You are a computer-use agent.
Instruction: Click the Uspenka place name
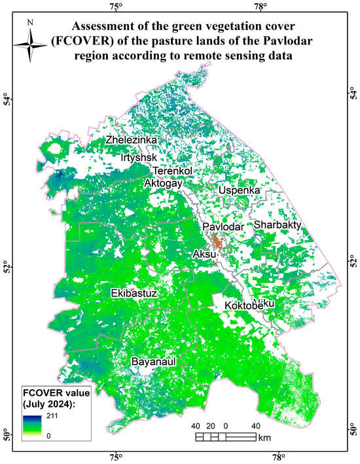click(x=240, y=190)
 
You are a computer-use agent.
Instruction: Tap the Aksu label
click(x=204, y=254)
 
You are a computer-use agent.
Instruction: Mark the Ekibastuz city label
click(x=134, y=293)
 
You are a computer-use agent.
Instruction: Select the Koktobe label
click(x=243, y=306)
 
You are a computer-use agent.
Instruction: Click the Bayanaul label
click(x=155, y=361)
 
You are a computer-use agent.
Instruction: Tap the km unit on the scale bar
click(x=265, y=437)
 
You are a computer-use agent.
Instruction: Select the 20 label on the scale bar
click(x=211, y=426)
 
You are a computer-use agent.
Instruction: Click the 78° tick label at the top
click(x=261, y=7)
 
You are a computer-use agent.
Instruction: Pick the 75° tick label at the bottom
click(x=115, y=457)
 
